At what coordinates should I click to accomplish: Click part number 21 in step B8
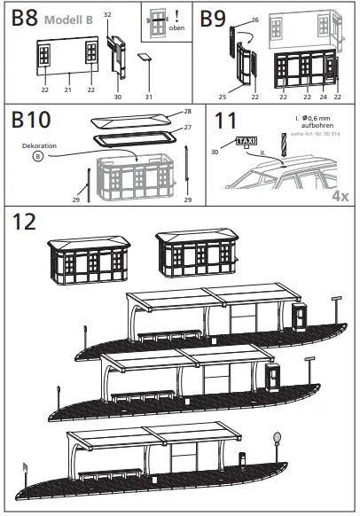[67, 90]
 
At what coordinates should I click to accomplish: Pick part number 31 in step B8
[149, 97]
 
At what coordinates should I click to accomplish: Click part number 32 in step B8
[106, 15]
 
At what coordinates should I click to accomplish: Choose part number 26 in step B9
[254, 19]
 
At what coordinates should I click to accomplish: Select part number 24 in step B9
[324, 97]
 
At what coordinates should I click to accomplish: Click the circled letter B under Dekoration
[38, 157]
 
